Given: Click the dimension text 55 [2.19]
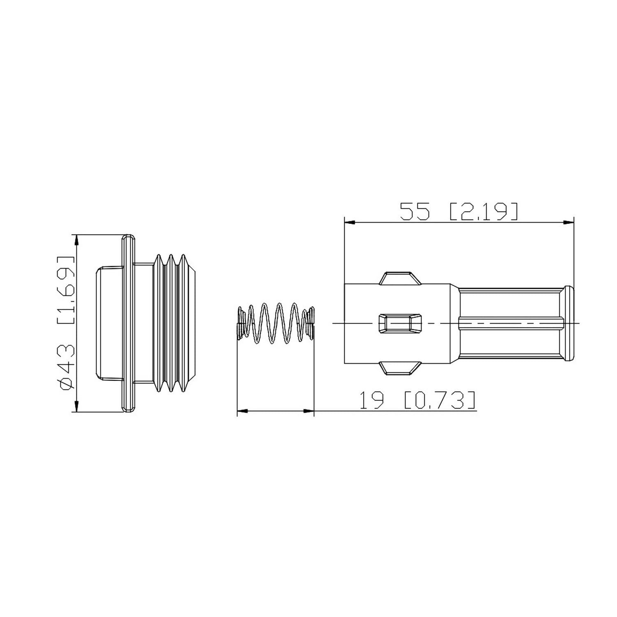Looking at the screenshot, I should (458, 211).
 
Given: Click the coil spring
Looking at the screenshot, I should (275, 323).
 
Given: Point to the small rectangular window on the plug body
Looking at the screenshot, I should (400, 323).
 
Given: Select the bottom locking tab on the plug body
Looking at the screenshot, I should (399, 368).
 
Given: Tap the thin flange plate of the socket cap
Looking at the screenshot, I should (128, 323).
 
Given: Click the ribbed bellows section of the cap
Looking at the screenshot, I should (175, 323).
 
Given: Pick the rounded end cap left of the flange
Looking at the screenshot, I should (109, 323).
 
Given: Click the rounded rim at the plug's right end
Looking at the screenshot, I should (568, 323).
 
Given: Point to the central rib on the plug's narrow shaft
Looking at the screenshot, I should (510, 323).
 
